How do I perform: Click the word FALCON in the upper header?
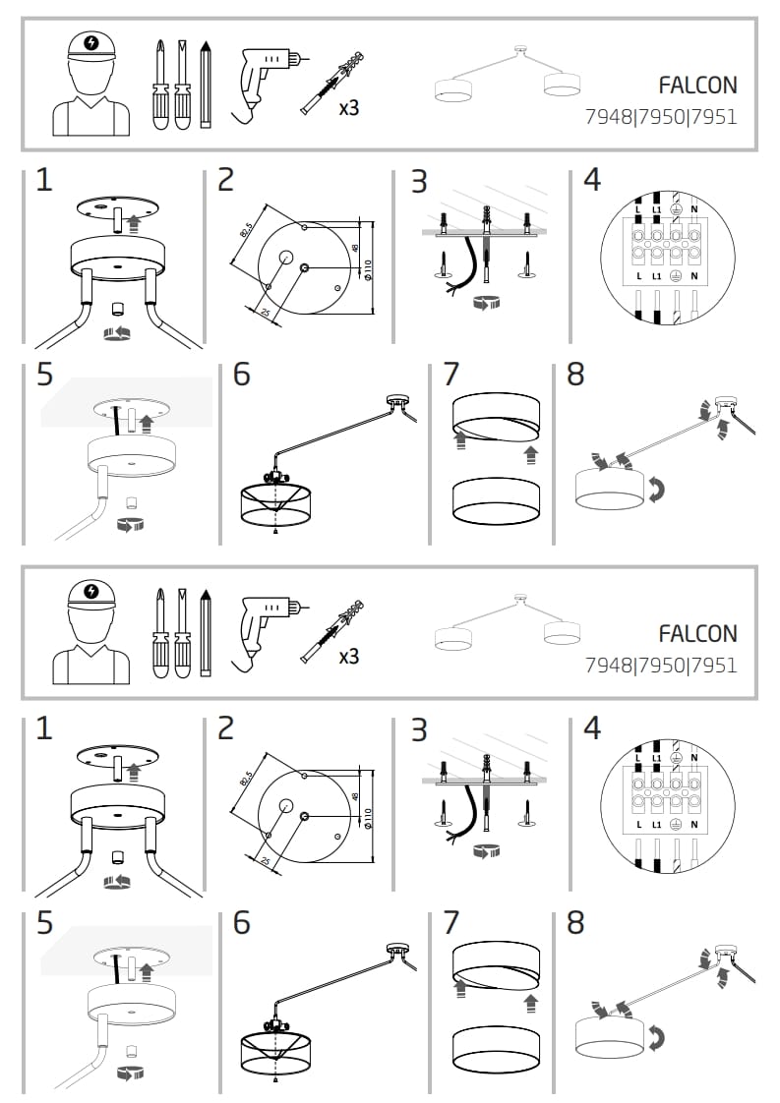point(697,86)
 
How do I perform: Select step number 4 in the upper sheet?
point(592,180)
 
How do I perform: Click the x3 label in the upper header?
point(348,107)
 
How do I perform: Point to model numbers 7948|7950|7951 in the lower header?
point(661,665)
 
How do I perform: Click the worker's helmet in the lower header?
point(90,595)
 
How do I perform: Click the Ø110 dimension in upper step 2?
point(368,268)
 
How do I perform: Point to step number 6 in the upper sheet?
point(242,376)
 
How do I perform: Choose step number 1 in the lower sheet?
point(43,728)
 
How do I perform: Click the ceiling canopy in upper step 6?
point(397,403)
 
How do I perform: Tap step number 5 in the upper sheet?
point(44,375)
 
